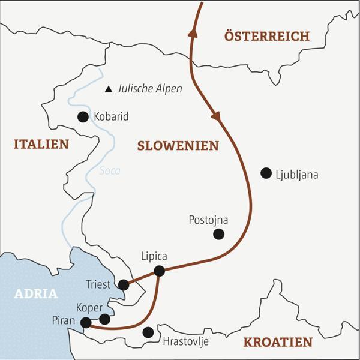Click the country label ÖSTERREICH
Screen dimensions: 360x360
267,36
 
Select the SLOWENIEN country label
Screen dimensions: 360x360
178,146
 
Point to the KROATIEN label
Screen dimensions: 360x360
278,343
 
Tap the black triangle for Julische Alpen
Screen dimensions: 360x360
109,89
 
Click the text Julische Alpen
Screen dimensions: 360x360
149,89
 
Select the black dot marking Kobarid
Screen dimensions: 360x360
83,117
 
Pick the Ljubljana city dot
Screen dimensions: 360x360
266,173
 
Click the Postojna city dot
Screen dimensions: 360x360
219,234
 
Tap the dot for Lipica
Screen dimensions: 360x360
159,271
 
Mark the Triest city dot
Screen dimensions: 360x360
124,284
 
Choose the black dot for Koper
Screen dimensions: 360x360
104,319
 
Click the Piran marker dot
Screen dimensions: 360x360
86,323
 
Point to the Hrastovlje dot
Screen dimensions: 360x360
148,332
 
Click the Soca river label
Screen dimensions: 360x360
110,171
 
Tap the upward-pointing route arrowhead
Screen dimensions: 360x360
193,33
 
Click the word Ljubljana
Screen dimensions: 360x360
296,175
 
